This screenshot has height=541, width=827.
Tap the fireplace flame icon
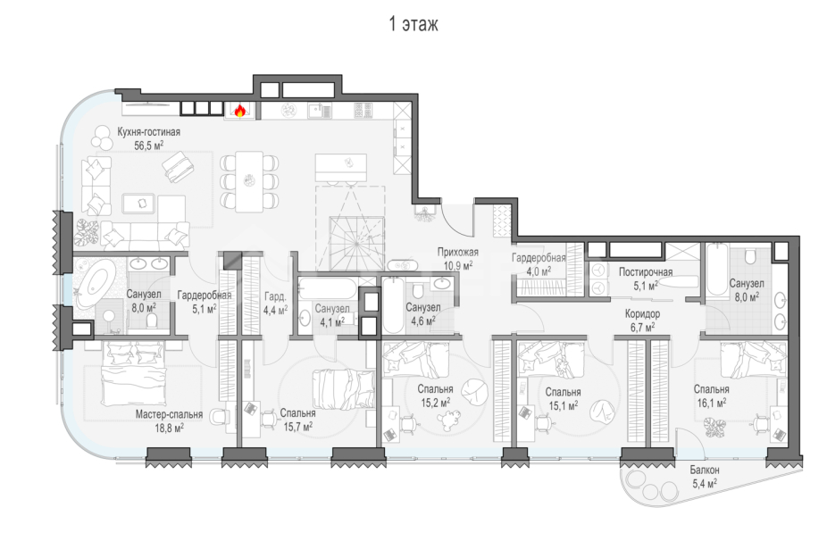tap(239, 111)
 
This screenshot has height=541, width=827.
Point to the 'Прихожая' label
tap(458, 253)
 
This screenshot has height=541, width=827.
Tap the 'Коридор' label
tap(641, 314)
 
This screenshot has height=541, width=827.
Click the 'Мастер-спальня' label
tap(169, 414)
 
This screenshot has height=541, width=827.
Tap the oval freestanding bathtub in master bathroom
tap(93, 279)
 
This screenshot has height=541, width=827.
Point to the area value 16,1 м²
tap(711, 403)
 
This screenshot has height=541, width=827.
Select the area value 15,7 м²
tap(296, 427)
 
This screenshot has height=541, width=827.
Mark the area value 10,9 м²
tap(457, 265)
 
